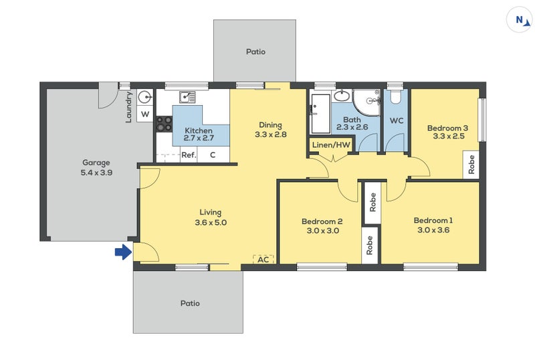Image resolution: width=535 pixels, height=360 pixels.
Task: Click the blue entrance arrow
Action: (123, 252)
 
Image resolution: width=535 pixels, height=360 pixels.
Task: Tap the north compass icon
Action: (520, 21)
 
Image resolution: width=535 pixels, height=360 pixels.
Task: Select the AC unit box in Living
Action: (263, 260)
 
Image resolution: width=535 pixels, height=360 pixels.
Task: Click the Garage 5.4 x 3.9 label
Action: (96, 168)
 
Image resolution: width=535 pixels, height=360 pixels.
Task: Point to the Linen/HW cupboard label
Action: (331, 145)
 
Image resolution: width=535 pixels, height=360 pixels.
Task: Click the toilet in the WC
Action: (395, 97)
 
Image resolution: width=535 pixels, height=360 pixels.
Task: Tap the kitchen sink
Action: (187, 97)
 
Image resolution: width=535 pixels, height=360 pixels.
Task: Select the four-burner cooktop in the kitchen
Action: (164, 124)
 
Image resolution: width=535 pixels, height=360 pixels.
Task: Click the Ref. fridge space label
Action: (189, 155)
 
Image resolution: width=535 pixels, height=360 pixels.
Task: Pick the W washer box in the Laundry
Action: (145, 114)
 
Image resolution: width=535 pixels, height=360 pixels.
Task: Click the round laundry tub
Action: (145, 97)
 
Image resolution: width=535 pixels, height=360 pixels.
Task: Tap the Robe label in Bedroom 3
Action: (471, 165)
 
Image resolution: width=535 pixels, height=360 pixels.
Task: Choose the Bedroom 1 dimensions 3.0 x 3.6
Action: (433, 230)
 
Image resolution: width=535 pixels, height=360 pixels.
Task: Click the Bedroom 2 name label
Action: (322, 221)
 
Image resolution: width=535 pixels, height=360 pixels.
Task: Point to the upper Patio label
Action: (255, 52)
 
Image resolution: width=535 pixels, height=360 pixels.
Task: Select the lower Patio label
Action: (190, 303)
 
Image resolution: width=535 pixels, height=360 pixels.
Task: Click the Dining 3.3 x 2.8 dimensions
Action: (271, 134)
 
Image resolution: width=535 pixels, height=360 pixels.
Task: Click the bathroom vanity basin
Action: (342, 96)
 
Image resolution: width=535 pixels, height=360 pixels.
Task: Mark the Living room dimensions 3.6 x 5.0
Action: (211, 222)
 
